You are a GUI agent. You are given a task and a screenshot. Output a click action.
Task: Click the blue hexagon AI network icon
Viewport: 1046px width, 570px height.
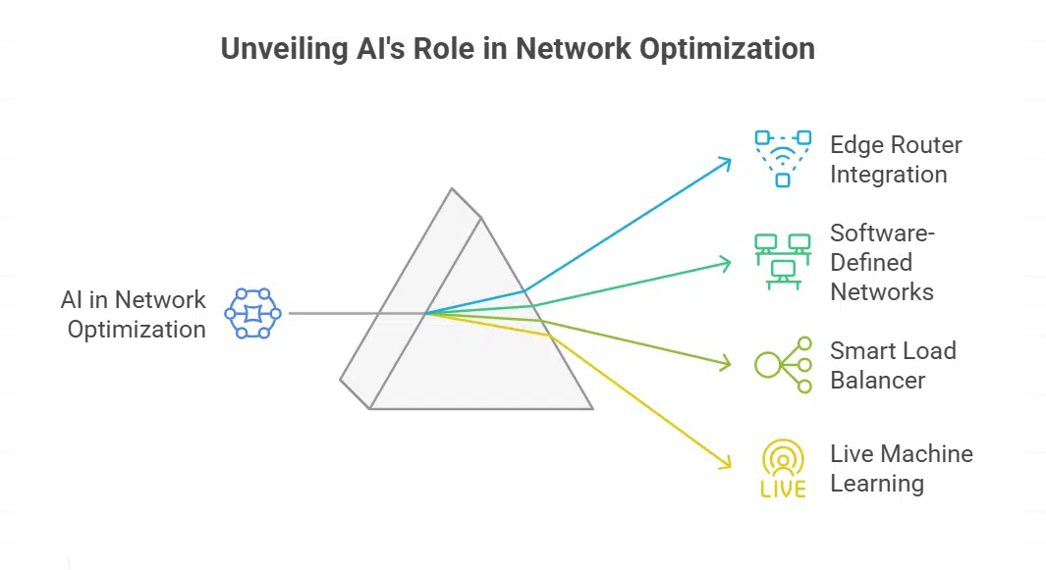(252, 314)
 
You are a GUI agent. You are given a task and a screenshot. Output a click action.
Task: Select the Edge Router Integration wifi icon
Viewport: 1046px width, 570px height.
(782, 158)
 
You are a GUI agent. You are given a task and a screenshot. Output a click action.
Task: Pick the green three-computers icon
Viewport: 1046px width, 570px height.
(782, 260)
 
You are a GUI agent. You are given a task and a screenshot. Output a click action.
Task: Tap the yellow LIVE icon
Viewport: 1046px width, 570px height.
(783, 469)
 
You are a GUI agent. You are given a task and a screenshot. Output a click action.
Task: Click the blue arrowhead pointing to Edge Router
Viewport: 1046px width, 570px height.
(728, 160)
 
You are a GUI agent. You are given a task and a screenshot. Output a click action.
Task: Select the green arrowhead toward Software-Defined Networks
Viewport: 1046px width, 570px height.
(728, 263)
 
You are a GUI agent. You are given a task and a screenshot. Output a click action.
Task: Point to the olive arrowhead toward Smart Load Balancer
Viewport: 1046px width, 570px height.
(728, 365)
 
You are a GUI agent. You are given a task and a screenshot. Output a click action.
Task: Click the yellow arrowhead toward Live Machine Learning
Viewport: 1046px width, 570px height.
(728, 465)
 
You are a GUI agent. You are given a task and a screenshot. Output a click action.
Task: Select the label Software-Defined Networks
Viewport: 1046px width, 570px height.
(881, 262)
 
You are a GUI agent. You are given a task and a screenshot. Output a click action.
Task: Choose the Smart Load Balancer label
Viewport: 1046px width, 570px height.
(892, 365)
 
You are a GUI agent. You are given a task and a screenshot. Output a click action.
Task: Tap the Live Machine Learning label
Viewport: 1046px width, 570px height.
(901, 468)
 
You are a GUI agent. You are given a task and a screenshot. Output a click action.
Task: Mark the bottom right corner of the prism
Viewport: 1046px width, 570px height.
(592, 408)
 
